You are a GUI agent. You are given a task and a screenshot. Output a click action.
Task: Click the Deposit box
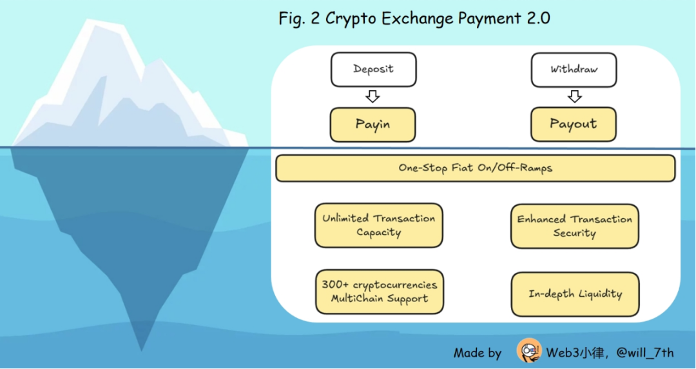point(373,70)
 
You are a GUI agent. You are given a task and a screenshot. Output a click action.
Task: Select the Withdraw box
point(574,70)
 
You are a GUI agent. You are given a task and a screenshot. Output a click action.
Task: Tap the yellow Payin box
point(372,125)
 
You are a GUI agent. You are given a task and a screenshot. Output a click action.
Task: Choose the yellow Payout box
point(573,125)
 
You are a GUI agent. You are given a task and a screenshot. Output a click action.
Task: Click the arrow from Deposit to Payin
point(372,97)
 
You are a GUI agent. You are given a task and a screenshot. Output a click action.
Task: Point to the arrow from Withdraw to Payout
point(575,97)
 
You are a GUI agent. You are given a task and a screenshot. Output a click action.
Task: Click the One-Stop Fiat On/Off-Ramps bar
point(475,168)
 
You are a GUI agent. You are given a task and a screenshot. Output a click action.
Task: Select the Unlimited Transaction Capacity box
point(378,225)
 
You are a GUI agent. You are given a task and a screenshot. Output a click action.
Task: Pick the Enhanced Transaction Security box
point(574,226)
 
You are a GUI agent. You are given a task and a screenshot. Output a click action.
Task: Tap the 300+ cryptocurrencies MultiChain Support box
point(379,292)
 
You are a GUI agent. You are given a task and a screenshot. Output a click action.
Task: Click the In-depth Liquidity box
point(575,294)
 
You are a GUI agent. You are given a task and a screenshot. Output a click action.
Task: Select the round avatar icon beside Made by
point(528,352)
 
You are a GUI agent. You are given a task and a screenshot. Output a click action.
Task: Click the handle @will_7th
point(644,353)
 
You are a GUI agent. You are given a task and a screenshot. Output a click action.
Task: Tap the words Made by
point(477,353)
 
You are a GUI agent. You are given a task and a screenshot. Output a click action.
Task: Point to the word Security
point(574,234)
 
